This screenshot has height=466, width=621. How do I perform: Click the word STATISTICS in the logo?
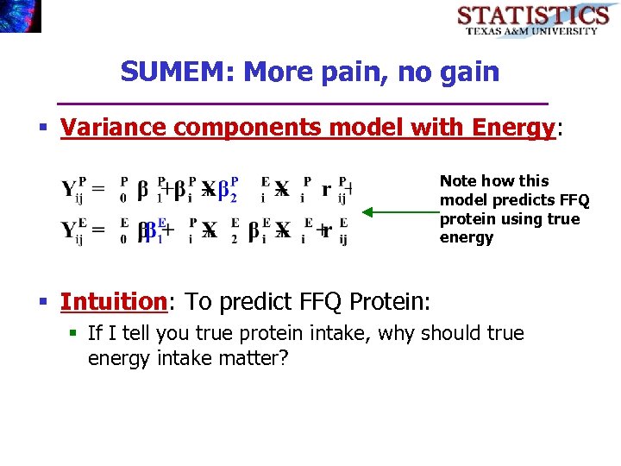coord(532,15)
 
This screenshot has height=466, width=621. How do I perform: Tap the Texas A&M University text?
coord(532,31)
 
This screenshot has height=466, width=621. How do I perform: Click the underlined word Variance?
coord(115,129)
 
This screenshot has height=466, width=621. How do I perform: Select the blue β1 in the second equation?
coord(154,231)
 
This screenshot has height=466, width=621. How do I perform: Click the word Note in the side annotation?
coord(459,181)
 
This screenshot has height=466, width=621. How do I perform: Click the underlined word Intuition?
coord(113,302)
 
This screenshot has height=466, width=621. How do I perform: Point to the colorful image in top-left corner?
coord(20,16)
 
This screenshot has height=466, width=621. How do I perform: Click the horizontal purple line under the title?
coord(302,104)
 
